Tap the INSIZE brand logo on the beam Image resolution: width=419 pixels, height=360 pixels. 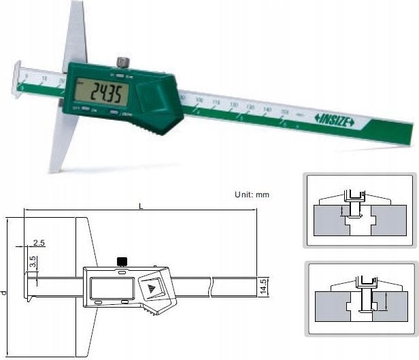334,120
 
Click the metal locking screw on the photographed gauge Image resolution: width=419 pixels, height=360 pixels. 121,63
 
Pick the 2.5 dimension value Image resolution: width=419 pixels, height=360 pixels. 38,243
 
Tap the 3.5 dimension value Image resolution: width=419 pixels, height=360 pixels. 33,261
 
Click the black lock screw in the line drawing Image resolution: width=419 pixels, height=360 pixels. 122,261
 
